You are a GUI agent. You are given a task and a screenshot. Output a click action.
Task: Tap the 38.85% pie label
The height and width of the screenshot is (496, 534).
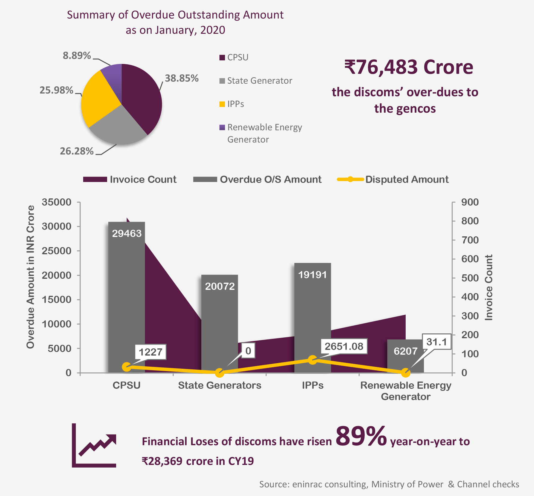click(x=182, y=78)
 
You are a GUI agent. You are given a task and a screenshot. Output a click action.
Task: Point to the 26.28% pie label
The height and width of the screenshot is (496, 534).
click(x=77, y=151)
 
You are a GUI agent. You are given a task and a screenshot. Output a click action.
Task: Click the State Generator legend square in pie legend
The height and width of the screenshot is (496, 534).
click(x=222, y=81)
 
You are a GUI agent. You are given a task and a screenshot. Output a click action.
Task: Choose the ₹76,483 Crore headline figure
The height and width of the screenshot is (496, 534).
click(x=409, y=67)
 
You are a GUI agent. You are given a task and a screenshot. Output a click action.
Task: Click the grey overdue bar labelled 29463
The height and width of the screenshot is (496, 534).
click(x=127, y=299)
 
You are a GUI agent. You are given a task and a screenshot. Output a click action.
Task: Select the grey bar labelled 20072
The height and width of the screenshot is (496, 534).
click(x=220, y=323)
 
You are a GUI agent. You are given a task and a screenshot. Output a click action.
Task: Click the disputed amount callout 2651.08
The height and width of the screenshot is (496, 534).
click(x=344, y=346)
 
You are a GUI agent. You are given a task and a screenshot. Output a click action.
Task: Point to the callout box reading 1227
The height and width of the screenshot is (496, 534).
click(x=150, y=352)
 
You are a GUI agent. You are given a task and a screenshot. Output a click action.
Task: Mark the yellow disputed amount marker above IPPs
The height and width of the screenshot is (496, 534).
click(x=313, y=360)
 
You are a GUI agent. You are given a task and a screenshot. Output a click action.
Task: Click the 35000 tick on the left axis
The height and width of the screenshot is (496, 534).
click(x=57, y=202)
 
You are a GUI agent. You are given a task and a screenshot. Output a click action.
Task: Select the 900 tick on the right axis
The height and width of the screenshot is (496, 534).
click(x=470, y=202)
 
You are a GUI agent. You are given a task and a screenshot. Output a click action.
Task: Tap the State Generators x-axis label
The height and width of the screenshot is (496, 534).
click(x=220, y=385)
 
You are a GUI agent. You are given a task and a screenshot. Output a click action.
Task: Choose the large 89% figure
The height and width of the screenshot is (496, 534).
click(x=361, y=436)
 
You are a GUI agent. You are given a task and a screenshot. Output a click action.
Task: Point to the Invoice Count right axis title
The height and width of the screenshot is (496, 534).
click(x=489, y=287)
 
